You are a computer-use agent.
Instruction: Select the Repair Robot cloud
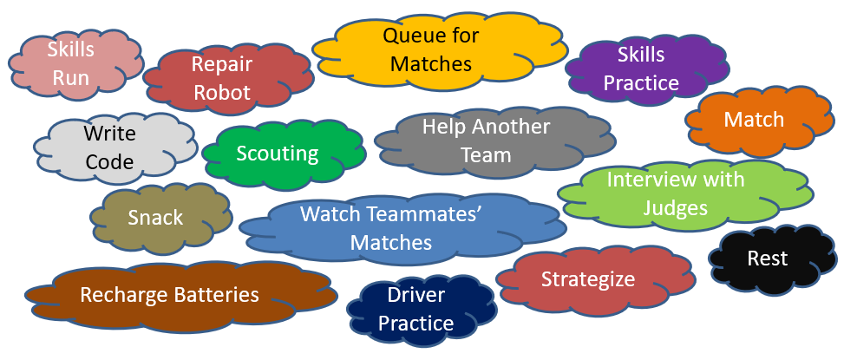(x=222, y=79)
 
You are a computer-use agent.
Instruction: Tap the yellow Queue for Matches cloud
(x=431, y=50)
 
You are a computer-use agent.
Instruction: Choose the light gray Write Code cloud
(x=110, y=147)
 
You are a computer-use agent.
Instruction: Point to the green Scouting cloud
(x=278, y=154)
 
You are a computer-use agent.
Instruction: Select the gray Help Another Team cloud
(x=486, y=141)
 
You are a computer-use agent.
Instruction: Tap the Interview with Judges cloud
(x=675, y=194)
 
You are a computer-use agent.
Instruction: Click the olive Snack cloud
(x=156, y=217)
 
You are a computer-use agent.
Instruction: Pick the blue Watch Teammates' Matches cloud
(x=391, y=228)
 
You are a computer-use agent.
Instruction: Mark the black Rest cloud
(x=768, y=259)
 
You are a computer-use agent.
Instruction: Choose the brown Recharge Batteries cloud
(x=170, y=295)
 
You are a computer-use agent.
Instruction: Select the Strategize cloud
(x=588, y=279)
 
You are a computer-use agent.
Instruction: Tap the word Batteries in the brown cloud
(x=213, y=295)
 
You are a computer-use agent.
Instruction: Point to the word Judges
(x=675, y=208)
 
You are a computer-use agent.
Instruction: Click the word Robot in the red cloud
(x=222, y=93)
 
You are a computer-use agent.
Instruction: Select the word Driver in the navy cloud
(x=416, y=296)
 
